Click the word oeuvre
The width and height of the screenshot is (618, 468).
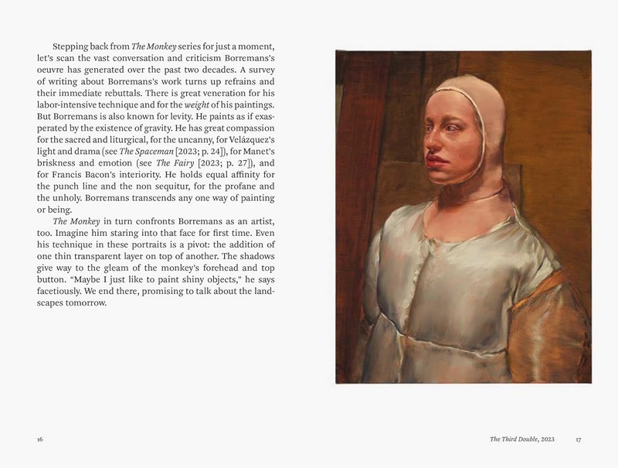point(53,70)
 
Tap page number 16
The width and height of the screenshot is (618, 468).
point(40,439)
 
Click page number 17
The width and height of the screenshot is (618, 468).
point(578,439)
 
